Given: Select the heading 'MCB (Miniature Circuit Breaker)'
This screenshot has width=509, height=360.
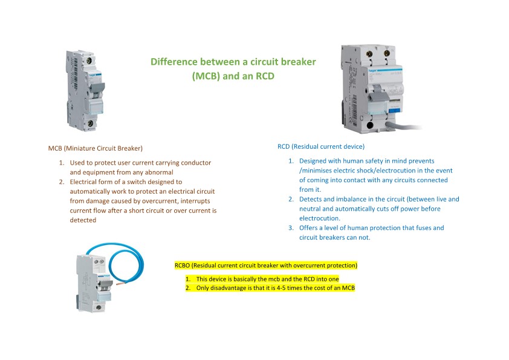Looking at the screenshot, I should coord(96,148).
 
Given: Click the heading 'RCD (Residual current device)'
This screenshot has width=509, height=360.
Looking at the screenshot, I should coord(321,146).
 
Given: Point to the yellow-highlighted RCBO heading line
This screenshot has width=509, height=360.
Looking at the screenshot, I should coord(266,265).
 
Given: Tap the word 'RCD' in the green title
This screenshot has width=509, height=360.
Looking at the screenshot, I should coord(265,77).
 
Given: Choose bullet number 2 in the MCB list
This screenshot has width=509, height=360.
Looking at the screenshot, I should coord(61,182).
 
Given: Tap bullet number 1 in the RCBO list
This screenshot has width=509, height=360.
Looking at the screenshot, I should coord(188,278).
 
